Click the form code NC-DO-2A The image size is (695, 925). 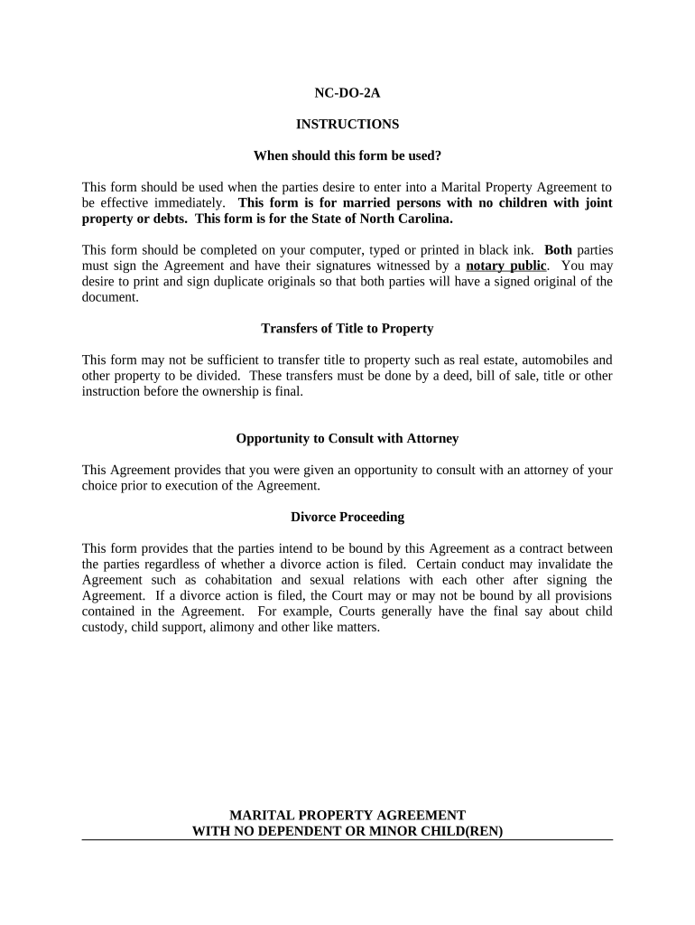[347, 92]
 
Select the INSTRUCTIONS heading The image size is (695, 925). [347, 124]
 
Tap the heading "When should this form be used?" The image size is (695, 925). [347, 155]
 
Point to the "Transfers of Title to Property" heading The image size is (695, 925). [347, 328]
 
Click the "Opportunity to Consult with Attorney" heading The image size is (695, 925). [347, 438]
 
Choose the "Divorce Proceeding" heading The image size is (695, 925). [347, 517]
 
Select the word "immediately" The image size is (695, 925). [190, 203]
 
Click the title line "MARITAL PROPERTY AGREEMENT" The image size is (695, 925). [347, 815]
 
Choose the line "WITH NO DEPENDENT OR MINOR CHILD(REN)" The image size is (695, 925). [347, 831]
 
